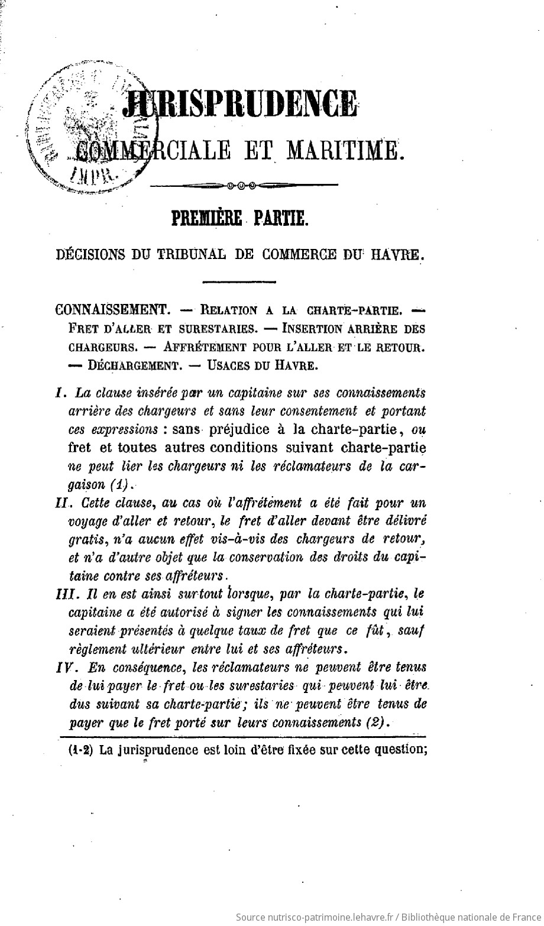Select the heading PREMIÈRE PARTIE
(239, 218)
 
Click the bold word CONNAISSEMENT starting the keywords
(109, 309)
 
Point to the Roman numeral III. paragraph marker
(63, 594)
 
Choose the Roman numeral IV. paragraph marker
(63, 667)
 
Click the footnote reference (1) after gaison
(119, 484)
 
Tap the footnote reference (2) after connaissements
(377, 722)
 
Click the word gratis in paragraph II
(86, 540)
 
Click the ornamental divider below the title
(244, 186)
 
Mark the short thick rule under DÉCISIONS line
(239, 281)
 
